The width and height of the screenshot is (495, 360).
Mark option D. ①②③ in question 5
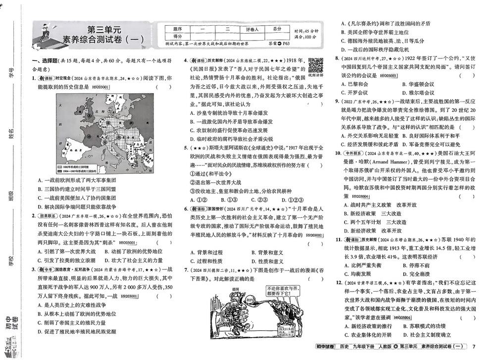point(294,200)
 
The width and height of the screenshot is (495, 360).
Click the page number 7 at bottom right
point(474,346)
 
